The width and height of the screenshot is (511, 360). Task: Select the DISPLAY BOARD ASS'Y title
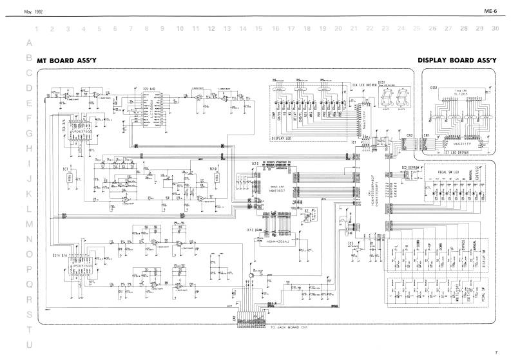coord(457,59)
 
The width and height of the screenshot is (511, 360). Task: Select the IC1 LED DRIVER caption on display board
coord(456,153)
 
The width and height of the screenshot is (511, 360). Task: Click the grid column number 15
coord(258,29)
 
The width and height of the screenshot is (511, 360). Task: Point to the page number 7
coord(496,352)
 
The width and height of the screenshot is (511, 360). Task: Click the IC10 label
coord(214,169)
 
